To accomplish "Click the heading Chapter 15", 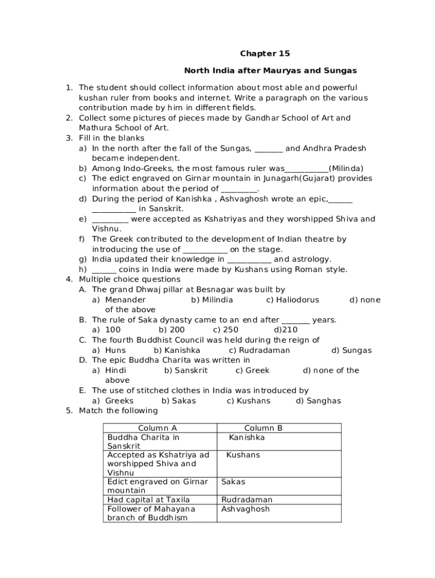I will pyautogui.click(x=265, y=54).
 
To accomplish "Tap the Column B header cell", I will pyautogui.click(x=263, y=428).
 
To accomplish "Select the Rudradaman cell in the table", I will pyautogui.click(x=247, y=500).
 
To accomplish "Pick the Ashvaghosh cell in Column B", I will pyautogui.click(x=246, y=509).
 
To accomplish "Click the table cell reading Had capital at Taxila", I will pyautogui.click(x=149, y=500).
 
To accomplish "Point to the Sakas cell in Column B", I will pyautogui.click(x=233, y=481).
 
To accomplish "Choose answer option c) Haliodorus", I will pyautogui.click(x=293, y=300).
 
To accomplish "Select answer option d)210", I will pyautogui.click(x=286, y=330).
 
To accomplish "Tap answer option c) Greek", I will pyautogui.click(x=253, y=370).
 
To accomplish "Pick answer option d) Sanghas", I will pyautogui.click(x=319, y=401).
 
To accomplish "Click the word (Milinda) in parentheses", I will pyautogui.click(x=346, y=168).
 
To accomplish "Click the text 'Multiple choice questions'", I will pyautogui.click(x=129, y=279).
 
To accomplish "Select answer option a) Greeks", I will pyautogui.click(x=114, y=401).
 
